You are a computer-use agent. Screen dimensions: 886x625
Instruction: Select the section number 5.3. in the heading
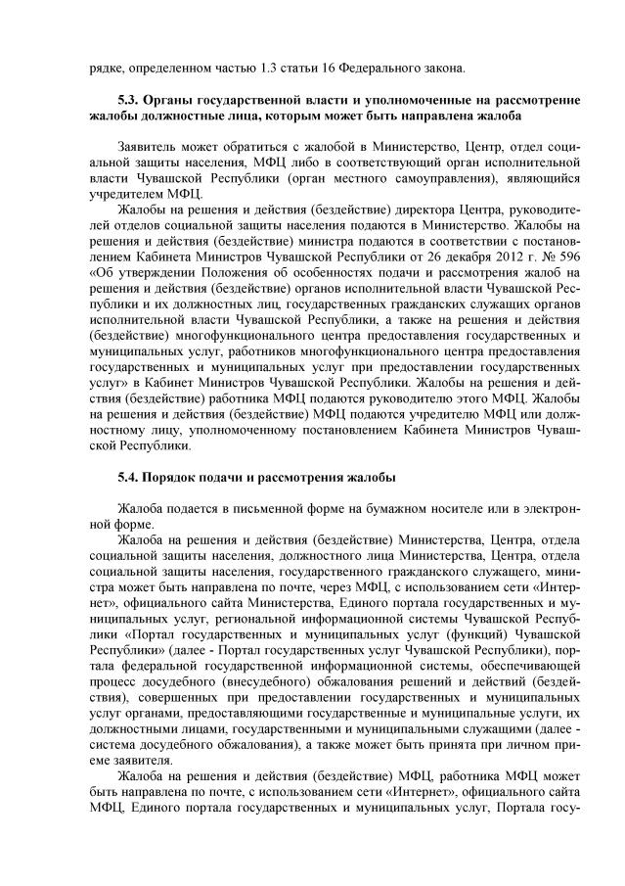(x=129, y=101)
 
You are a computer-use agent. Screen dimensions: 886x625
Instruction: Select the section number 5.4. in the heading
(x=129, y=477)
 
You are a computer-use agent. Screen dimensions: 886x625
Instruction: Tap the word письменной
(x=267, y=510)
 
